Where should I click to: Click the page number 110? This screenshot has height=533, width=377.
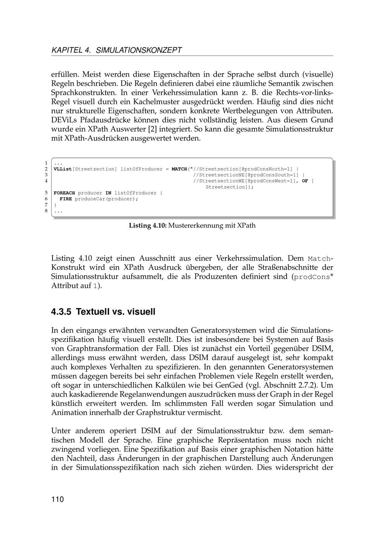58,499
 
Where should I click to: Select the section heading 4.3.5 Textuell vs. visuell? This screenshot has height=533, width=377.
103,312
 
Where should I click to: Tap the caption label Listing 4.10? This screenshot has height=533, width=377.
148,226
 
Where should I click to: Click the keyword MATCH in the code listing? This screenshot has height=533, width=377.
179,169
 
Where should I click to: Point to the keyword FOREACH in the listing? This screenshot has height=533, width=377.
64,193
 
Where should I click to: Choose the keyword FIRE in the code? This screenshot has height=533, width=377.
66,199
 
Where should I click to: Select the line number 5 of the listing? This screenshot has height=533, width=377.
46,193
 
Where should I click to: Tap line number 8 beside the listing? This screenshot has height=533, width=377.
46,211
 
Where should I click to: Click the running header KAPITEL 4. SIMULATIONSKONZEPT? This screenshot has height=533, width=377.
116,50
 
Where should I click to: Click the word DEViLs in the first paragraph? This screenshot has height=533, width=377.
65,120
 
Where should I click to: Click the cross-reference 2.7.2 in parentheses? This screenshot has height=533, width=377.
308,385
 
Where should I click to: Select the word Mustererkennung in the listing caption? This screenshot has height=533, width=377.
193,226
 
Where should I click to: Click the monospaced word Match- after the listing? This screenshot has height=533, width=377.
320,259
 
